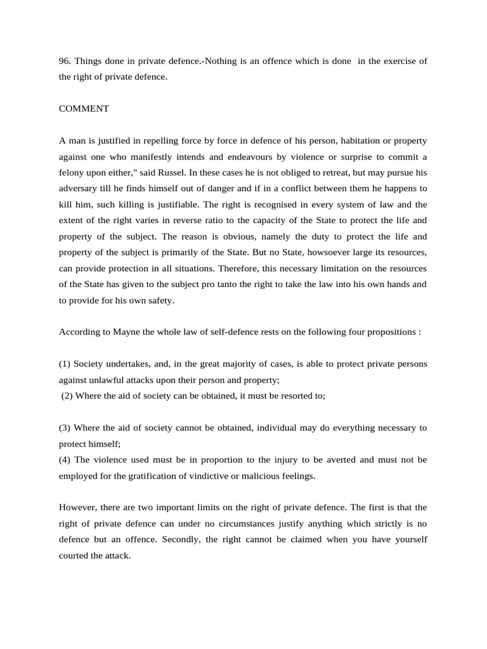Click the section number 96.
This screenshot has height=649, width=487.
click(65, 61)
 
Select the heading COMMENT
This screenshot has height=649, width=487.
click(84, 108)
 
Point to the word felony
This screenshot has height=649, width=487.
click(72, 172)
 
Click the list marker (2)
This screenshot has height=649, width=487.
click(67, 395)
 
